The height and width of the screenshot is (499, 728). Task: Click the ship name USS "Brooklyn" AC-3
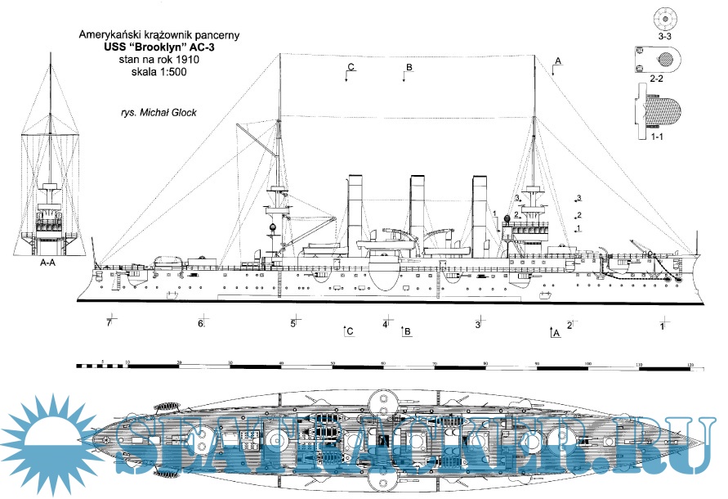click(x=159, y=48)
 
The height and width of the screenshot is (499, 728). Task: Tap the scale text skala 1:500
click(x=159, y=74)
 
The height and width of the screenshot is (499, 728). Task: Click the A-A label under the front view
click(x=51, y=263)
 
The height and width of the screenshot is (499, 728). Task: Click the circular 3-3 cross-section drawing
click(x=666, y=18)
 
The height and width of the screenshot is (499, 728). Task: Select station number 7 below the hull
click(x=108, y=323)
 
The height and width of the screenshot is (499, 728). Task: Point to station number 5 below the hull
click(x=293, y=324)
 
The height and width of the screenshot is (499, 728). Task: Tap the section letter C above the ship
click(x=350, y=66)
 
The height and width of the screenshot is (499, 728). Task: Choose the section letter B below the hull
click(x=408, y=331)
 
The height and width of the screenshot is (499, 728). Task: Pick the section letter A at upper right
click(x=558, y=61)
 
